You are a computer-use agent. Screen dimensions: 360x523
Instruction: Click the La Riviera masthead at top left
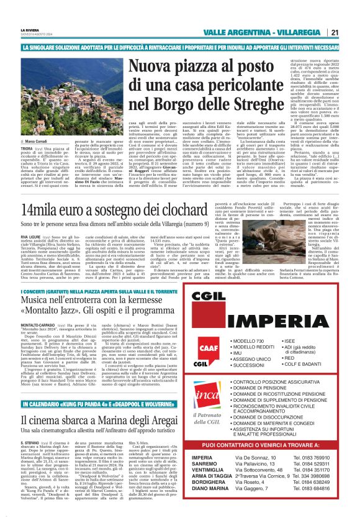coord(30,29)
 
